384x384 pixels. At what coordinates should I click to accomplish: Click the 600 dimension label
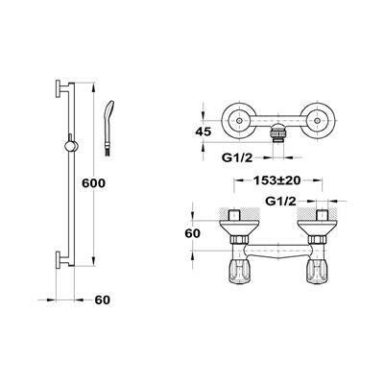click(93, 183)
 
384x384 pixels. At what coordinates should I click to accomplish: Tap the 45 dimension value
click(203, 132)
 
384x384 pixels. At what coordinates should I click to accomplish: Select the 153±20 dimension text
click(277, 180)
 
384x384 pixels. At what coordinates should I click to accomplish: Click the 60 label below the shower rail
click(103, 300)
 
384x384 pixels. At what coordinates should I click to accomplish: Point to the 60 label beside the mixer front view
click(192, 233)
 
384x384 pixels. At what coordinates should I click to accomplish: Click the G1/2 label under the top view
click(237, 157)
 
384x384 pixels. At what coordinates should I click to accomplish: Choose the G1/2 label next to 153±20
click(280, 201)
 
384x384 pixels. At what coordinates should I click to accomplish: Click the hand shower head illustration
click(109, 128)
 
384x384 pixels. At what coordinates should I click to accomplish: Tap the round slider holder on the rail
click(71, 146)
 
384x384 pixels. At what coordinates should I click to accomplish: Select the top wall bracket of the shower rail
click(62, 87)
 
